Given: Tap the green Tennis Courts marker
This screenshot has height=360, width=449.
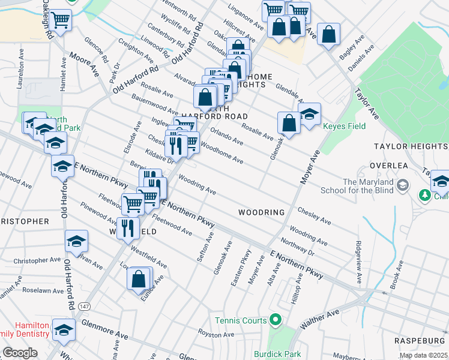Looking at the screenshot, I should [x=276, y=320].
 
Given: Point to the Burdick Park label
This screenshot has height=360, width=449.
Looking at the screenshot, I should [x=277, y=354].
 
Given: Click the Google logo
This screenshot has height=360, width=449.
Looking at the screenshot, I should [x=20, y=353].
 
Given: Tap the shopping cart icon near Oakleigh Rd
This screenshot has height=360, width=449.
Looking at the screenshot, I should [x=60, y=20].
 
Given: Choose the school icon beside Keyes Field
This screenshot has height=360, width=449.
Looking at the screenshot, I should [x=310, y=113].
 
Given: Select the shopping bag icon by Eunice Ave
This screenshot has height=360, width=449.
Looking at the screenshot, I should [x=139, y=279].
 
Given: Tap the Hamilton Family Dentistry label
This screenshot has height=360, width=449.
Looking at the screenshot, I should [x=24, y=328].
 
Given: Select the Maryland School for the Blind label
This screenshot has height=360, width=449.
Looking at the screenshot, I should [x=376, y=186].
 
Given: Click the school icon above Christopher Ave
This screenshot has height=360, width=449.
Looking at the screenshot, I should [x=77, y=241].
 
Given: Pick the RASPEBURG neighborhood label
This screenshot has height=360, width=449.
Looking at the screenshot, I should [x=420, y=341].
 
